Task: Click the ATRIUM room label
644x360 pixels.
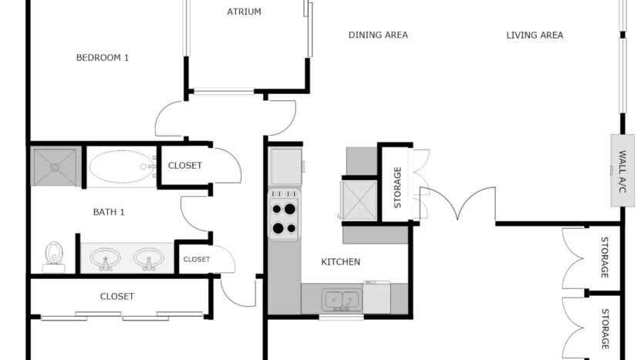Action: coord(244,12)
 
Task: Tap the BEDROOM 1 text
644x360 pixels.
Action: coord(102,57)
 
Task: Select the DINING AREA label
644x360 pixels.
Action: coord(378,35)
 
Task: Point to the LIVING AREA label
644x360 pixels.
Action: coord(534,35)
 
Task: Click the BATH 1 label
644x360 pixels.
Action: coord(109,212)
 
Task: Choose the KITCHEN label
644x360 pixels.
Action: coord(340,262)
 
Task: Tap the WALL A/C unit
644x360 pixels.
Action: coord(622,170)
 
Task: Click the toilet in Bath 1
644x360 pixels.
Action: coord(54,254)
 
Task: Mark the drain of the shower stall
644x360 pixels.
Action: coord(55,167)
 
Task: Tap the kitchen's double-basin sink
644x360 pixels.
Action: coord(339,298)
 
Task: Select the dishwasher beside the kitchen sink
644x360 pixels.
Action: coord(376,297)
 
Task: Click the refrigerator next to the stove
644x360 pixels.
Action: coord(285,166)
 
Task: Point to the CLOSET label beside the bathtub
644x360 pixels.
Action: coord(184,166)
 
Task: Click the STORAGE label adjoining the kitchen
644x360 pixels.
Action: coord(398,188)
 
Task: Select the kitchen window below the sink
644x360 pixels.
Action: coord(341,317)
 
